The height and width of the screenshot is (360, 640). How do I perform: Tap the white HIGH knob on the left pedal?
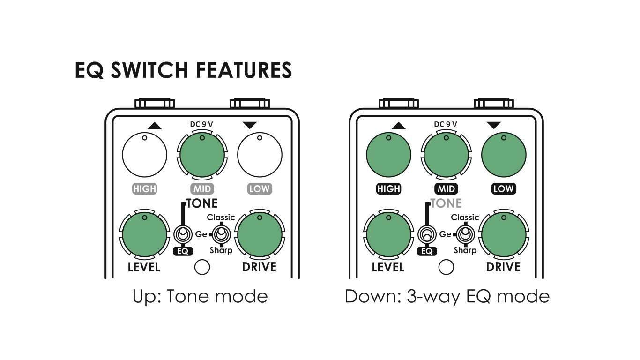[x=144, y=155]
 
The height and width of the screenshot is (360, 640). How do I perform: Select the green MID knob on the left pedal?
[x=202, y=155]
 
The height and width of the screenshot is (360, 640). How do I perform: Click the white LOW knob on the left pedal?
[x=260, y=155]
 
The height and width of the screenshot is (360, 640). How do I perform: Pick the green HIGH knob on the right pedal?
[x=388, y=155]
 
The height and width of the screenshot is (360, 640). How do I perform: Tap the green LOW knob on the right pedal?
[x=504, y=155]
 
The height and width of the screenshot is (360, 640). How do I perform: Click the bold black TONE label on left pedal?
[x=202, y=203]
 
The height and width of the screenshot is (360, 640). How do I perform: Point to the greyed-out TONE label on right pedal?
[x=446, y=203]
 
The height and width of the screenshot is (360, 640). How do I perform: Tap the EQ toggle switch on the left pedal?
[x=183, y=233]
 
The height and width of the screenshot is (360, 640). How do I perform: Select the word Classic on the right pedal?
[x=465, y=217]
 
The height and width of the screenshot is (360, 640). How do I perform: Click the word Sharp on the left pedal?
[x=221, y=250]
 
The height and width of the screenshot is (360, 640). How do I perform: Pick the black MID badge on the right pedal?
[x=446, y=189]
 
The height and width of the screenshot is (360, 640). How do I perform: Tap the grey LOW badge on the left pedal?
[x=260, y=189]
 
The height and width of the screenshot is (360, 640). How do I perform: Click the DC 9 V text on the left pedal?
[x=201, y=124]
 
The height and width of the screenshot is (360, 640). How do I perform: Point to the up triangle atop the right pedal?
[x=398, y=125]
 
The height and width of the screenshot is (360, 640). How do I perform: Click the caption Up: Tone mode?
[x=200, y=297]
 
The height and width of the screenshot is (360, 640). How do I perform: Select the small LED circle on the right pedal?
[x=446, y=267]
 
